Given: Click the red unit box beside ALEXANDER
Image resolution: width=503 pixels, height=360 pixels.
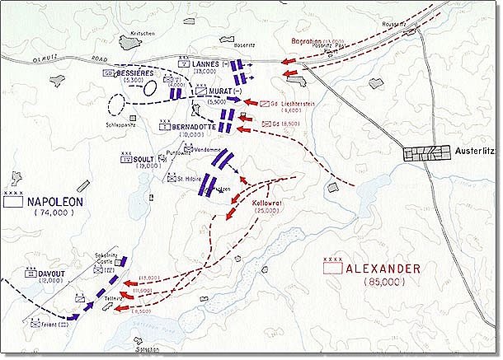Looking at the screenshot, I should click(333, 268).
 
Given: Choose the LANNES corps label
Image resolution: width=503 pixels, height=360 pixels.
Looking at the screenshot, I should click(208, 63).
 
